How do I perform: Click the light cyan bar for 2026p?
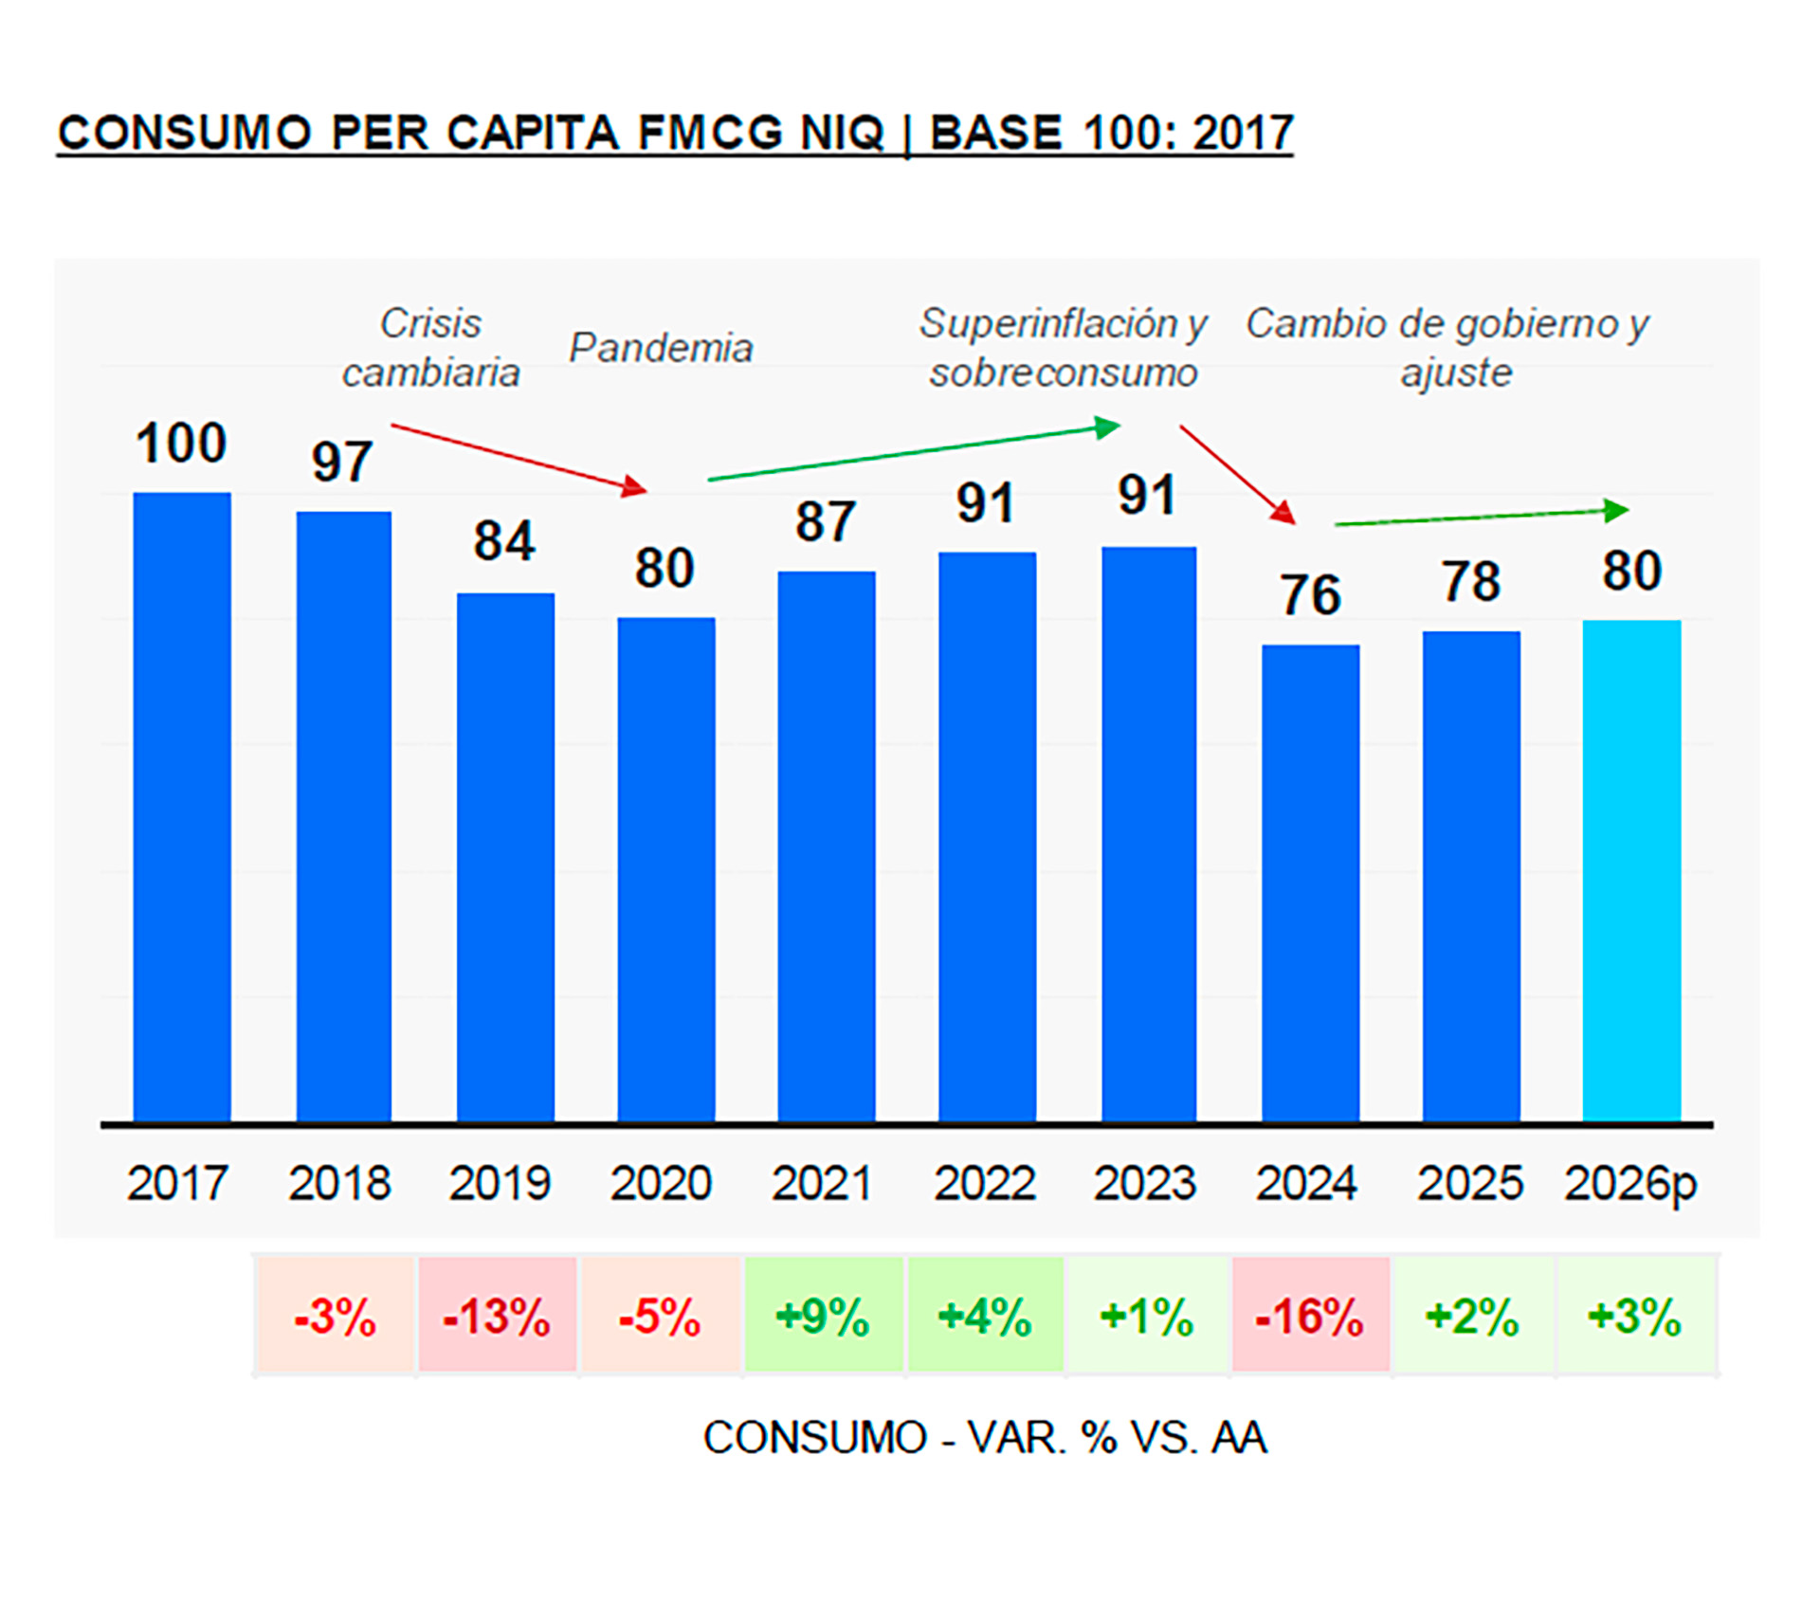(x=1631, y=870)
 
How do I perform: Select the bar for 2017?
(x=182, y=806)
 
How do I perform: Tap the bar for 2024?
(x=1310, y=882)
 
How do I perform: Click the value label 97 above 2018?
(x=341, y=463)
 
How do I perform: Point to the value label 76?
(x=1310, y=595)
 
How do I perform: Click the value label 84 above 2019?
(x=504, y=541)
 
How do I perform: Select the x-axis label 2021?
(x=822, y=1183)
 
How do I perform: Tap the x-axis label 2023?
(x=1145, y=1183)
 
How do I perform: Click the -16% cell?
(x=1310, y=1317)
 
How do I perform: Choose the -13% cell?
(x=497, y=1317)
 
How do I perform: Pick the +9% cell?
(x=823, y=1317)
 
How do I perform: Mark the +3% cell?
(x=1635, y=1317)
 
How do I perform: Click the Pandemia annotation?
(x=661, y=348)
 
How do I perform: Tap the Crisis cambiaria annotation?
(x=431, y=348)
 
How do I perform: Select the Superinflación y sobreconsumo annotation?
(x=1063, y=348)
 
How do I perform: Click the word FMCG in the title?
(x=710, y=133)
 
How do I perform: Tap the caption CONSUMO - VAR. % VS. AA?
(x=984, y=1438)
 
